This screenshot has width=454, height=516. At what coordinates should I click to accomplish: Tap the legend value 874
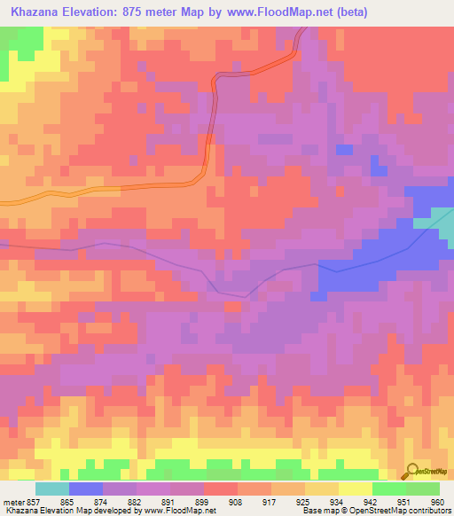click(103, 501)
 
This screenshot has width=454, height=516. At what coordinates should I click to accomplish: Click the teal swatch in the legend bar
click(52, 489)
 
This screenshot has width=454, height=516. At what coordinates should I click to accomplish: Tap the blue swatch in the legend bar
click(86, 489)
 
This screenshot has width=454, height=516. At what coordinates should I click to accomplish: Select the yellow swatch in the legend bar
click(356, 489)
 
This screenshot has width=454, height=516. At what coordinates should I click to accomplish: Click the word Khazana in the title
click(38, 12)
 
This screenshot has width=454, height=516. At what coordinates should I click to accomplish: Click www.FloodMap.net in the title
click(275, 12)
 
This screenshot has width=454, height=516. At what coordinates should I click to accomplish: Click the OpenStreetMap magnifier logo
click(411, 471)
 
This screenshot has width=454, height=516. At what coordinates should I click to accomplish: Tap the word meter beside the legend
click(14, 501)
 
